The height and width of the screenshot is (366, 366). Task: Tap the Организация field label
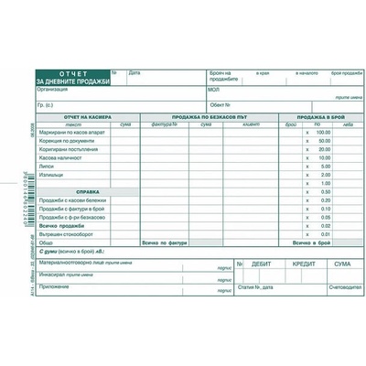pos(53,90)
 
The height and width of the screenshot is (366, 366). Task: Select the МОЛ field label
pos(213,90)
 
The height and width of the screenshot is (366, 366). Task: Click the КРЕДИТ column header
pos(303,263)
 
